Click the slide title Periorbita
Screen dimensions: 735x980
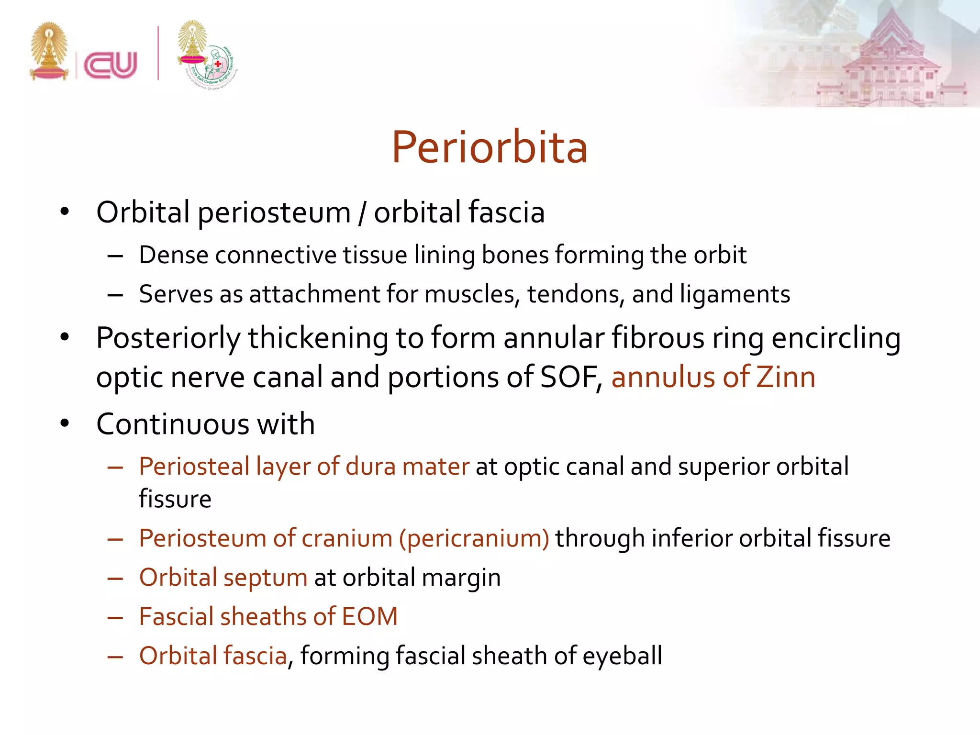(x=490, y=147)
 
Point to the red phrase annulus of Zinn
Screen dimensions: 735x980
(x=713, y=377)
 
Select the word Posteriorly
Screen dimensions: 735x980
(x=168, y=339)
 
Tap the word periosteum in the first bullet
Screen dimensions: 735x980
(x=274, y=212)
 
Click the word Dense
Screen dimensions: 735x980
(x=173, y=255)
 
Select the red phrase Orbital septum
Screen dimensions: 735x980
(x=223, y=577)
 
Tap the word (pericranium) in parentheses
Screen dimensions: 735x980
(x=474, y=538)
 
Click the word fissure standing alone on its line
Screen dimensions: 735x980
(x=175, y=499)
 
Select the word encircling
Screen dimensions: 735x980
(x=835, y=339)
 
